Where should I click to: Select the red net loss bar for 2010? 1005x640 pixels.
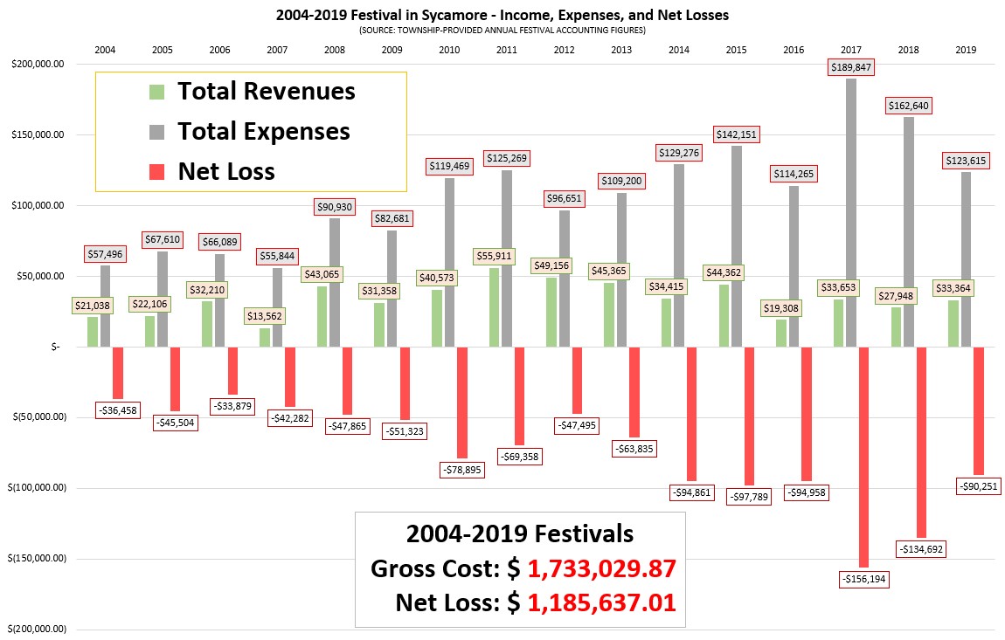(461, 403)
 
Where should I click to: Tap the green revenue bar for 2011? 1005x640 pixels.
(494, 307)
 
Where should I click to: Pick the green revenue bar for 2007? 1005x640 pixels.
(265, 338)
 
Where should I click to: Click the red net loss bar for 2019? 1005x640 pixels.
(978, 411)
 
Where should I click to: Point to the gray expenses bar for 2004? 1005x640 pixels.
(105, 306)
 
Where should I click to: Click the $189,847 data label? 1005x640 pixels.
(851, 67)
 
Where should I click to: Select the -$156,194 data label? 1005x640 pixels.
(864, 579)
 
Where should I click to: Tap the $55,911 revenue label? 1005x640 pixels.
(494, 256)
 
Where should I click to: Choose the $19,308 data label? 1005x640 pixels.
(780, 308)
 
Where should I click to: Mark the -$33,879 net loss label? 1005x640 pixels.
(232, 406)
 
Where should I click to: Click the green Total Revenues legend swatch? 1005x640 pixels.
(157, 92)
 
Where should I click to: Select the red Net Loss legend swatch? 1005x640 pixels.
(157, 172)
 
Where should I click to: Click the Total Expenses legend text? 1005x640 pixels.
(264, 131)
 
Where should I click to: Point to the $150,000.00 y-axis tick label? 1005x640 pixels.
(38, 134)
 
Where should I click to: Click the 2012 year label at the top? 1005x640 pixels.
(564, 50)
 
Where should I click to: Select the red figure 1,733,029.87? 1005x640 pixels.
(601, 568)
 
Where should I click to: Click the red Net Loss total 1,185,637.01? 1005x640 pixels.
(601, 602)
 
